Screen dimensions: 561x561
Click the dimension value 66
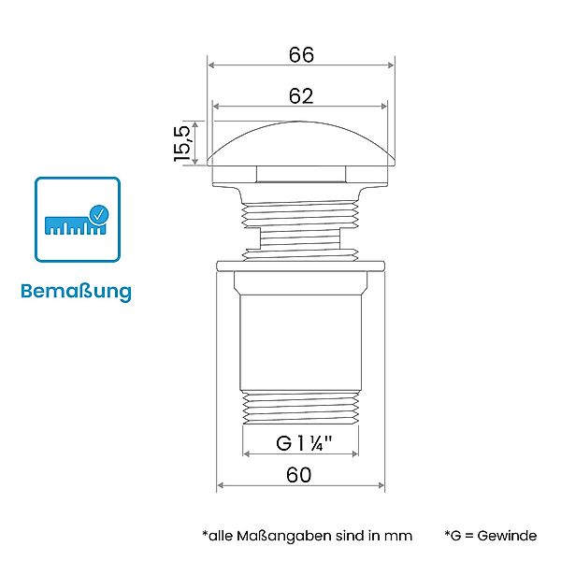301,54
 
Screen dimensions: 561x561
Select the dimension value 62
301,95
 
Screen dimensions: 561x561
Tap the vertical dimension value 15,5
182,143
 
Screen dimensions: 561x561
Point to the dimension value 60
298,475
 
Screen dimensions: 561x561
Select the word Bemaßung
77,291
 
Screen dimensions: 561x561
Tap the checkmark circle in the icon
97,214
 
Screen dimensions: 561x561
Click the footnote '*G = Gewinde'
491,536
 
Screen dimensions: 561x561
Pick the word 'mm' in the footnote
398,536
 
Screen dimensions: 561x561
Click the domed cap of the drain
301,150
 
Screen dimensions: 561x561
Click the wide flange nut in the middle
301,266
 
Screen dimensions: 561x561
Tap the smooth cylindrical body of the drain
301,337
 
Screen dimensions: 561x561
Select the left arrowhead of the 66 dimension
211,65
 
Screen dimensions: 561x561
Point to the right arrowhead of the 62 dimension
385,107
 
